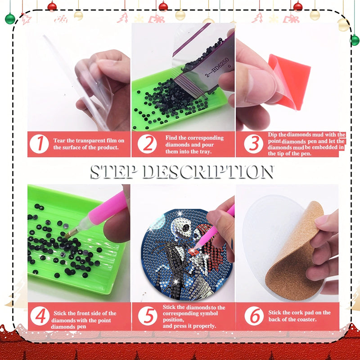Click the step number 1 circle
40,144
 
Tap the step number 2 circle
147,144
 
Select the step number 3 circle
254,144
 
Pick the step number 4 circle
40,316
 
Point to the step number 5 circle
147,316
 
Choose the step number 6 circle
254,316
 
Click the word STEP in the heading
116,171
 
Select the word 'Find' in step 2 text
171,138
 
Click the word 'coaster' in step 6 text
307,319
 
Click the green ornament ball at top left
10,18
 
